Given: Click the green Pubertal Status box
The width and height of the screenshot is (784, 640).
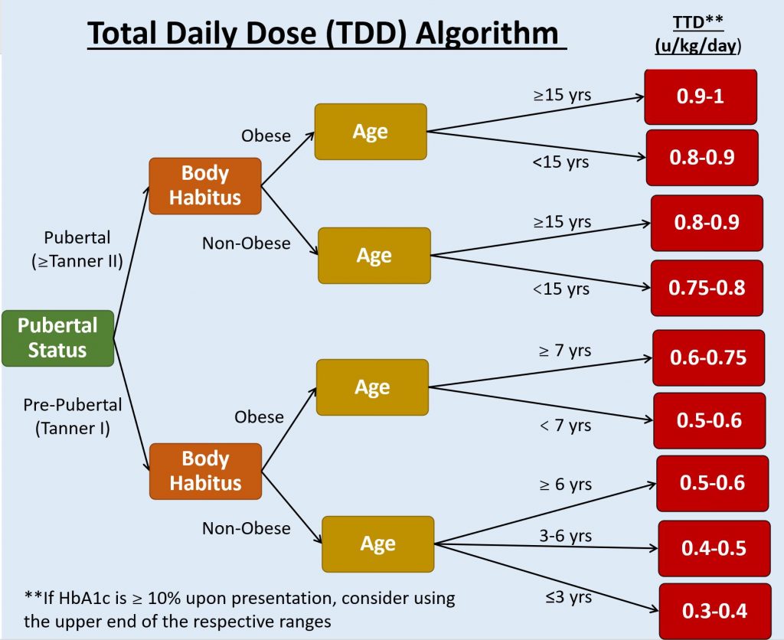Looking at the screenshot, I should (57, 338).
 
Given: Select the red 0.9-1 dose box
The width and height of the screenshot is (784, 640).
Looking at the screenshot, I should (701, 97).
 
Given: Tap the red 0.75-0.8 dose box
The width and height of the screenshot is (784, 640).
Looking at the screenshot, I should (707, 288).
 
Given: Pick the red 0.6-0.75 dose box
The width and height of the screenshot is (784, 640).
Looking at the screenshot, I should (707, 358).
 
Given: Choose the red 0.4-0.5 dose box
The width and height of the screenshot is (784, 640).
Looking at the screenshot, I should (714, 548).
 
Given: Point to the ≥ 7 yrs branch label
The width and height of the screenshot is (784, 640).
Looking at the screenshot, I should (564, 351).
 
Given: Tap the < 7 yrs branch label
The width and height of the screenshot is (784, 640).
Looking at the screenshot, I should (564, 425).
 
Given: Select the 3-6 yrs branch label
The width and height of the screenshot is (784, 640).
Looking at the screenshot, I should (565, 536).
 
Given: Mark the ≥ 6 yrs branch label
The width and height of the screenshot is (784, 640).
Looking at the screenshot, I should (564, 485).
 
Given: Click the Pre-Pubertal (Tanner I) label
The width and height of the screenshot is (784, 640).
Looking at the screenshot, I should (73, 416).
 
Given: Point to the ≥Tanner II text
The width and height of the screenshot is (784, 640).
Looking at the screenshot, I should (78, 261).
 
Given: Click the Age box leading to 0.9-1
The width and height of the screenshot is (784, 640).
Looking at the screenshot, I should (371, 132).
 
